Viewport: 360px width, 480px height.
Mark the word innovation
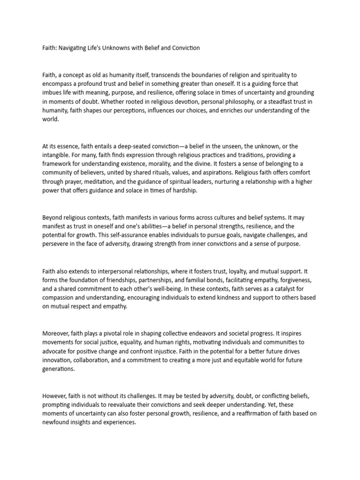[x=58, y=360]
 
